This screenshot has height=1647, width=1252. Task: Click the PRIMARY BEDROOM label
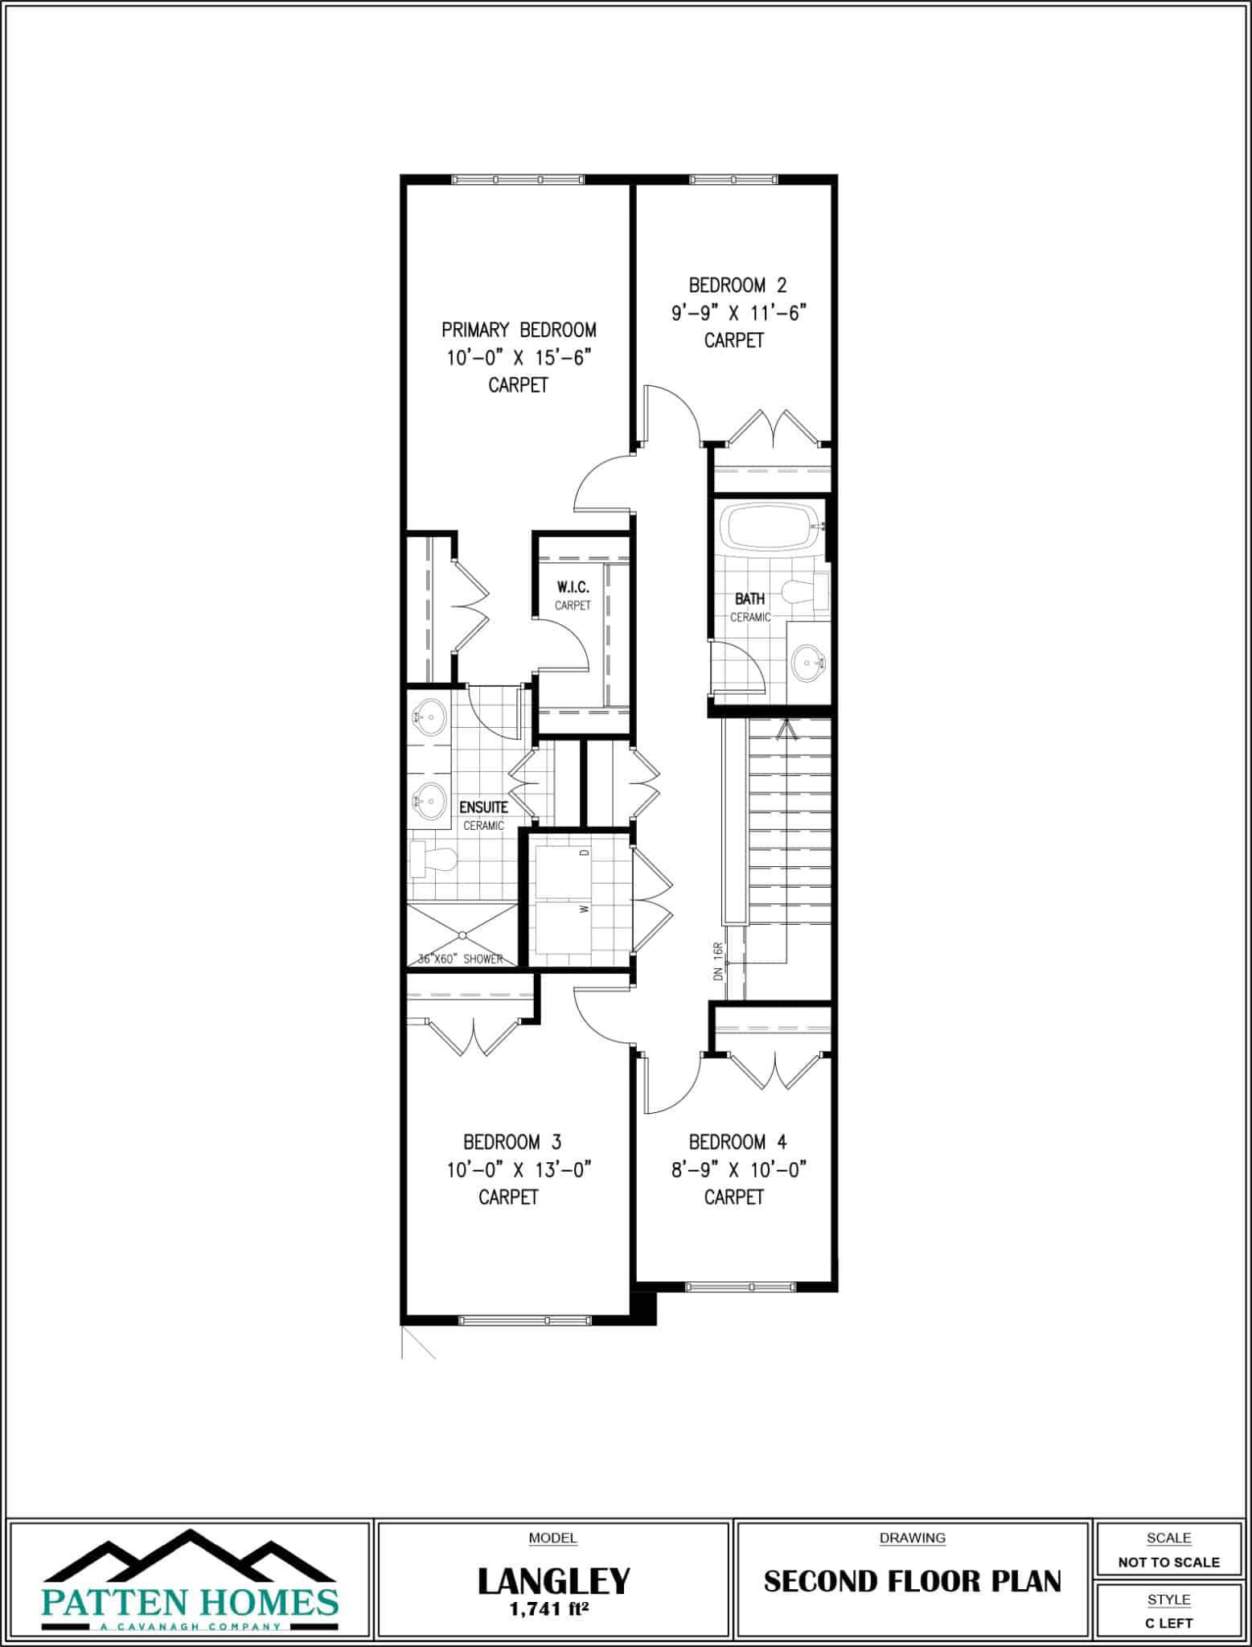519,330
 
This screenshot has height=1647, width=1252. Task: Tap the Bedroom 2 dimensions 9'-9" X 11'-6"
738,313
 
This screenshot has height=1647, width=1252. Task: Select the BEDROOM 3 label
511,1142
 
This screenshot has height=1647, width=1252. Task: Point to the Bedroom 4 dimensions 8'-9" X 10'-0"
738,1169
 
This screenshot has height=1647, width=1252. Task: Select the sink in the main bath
807,663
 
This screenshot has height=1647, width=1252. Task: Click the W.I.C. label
573,588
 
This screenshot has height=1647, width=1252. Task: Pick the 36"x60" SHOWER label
460,959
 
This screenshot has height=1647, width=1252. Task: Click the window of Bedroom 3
524,1320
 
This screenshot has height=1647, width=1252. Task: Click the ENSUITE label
483,807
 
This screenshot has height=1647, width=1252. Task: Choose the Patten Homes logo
189,1581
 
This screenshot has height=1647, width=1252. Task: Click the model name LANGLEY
553,1580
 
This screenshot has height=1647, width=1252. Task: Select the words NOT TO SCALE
1168,1563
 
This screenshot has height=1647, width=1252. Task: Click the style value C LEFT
1168,1623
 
